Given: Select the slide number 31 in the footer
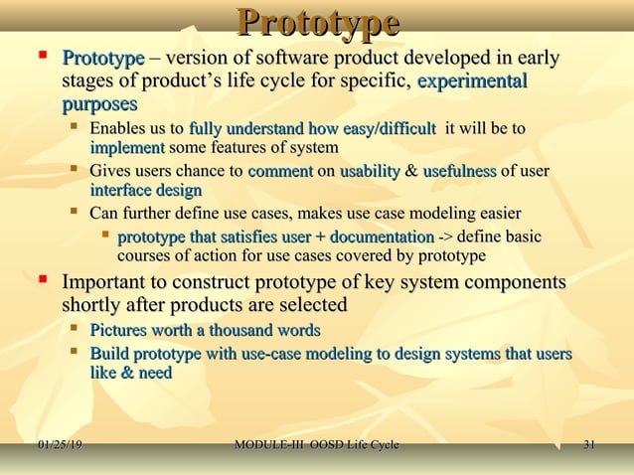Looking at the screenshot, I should click(x=589, y=444).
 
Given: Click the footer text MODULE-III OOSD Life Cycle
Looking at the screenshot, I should click(x=316, y=444).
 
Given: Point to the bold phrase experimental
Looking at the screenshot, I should click(x=473, y=81).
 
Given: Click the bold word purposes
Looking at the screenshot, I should click(x=99, y=104).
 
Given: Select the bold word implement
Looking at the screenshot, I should click(x=127, y=147).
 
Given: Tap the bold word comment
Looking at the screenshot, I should click(x=280, y=171).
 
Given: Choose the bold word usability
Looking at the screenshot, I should click(x=370, y=171).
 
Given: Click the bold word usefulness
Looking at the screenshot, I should click(x=459, y=171).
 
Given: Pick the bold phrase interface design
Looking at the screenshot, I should click(x=145, y=190).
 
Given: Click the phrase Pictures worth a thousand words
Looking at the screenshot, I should click(x=205, y=330).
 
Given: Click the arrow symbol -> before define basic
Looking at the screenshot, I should click(x=448, y=237).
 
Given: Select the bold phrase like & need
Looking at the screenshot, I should click(x=130, y=373).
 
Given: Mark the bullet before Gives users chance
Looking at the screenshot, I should click(x=75, y=170).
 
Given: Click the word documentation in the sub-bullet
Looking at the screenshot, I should click(x=383, y=237).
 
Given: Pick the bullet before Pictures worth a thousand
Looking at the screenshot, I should click(x=75, y=329).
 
